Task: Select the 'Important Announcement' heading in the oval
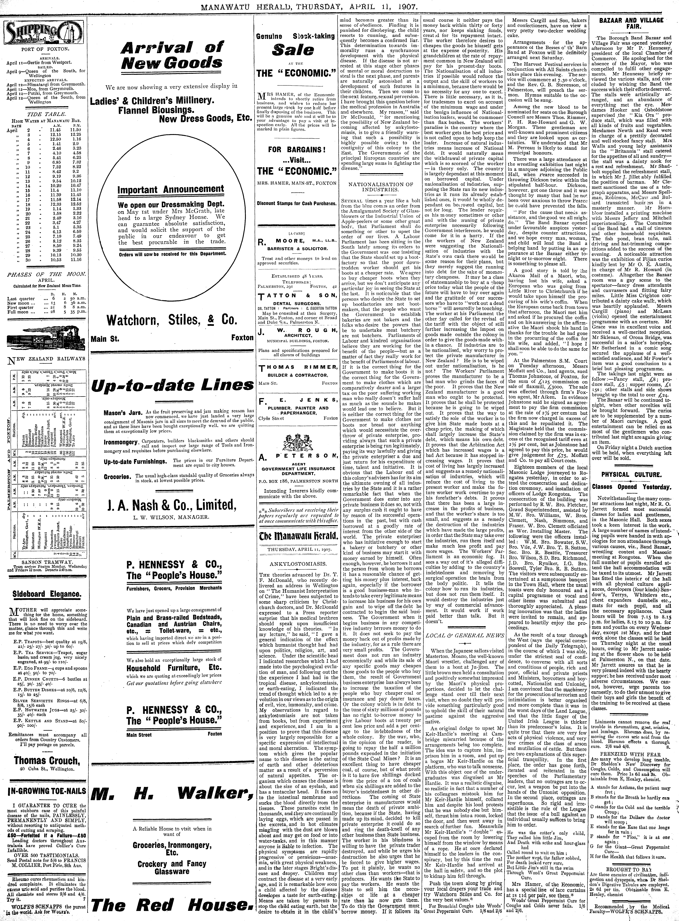(171, 190)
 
